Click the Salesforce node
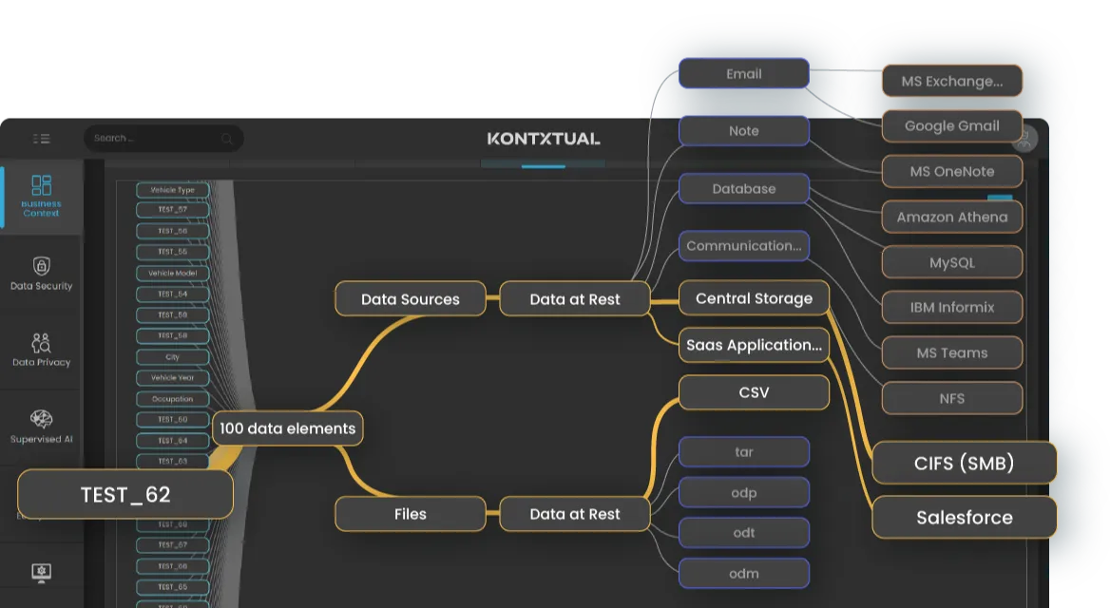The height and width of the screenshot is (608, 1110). coord(965,518)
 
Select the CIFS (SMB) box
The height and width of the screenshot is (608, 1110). coord(965,464)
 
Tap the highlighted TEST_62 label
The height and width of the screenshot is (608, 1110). coord(125,494)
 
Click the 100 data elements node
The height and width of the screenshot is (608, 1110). coord(287,428)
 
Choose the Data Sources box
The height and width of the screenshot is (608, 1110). coord(411,299)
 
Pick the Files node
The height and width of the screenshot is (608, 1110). coord(411,514)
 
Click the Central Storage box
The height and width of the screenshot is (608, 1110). coord(754,298)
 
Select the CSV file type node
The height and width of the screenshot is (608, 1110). coord(754,392)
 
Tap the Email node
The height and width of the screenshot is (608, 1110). coord(743,74)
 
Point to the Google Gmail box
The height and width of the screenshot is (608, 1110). coord(952,125)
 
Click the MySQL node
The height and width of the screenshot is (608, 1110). coord(952,262)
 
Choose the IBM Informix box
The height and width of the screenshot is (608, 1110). coord(952,308)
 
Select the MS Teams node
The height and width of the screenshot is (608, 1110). coord(952,352)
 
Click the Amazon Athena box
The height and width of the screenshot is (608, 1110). coord(952,217)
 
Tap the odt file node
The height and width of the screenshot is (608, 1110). coord(743,533)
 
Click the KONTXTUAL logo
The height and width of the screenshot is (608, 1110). coord(544,139)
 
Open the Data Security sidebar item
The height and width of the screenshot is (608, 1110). coord(41,274)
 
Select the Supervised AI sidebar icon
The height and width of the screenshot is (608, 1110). coord(41,427)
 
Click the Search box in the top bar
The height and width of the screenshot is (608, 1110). coord(162,139)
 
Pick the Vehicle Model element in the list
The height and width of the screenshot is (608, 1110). coord(172,273)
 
